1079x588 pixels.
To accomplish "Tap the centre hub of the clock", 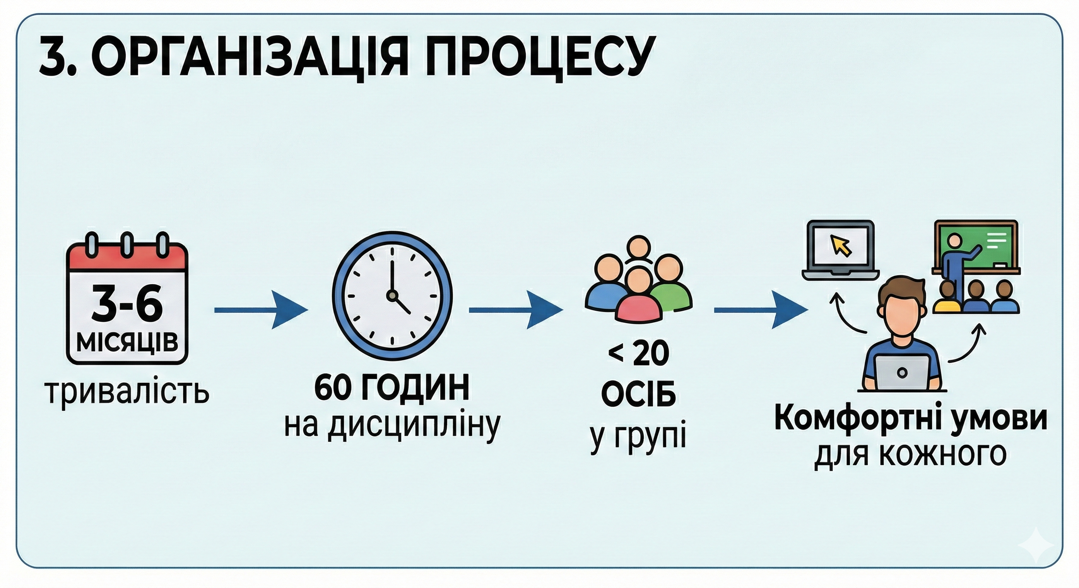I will (392, 296).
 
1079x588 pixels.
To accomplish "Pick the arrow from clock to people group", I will (515, 310).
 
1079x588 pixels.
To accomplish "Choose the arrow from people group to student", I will (760, 310).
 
